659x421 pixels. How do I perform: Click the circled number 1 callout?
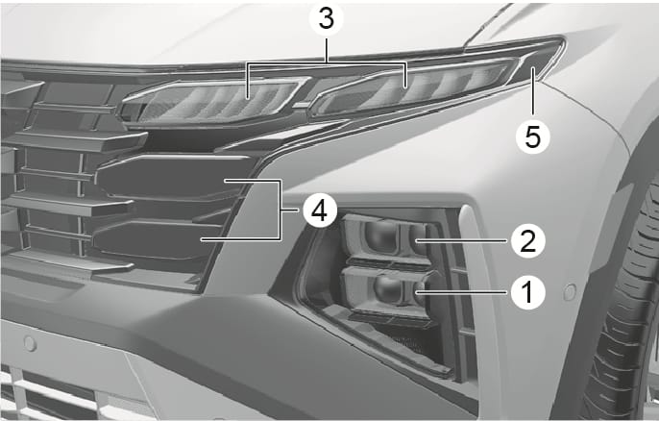(528, 292)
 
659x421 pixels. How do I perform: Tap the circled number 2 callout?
(528, 240)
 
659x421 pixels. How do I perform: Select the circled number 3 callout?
(327, 19)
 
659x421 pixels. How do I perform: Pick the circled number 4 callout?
(320, 210)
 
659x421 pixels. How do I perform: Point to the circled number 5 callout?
(532, 136)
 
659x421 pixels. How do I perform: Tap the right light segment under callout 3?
(414, 87)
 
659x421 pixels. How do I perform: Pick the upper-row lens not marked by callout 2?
(380, 236)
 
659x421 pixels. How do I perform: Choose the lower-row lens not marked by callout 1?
(387, 289)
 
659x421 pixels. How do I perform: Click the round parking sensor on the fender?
(570, 292)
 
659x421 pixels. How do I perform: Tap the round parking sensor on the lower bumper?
(30, 343)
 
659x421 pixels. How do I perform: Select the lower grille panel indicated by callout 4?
(158, 239)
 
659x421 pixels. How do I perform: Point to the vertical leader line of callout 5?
(532, 91)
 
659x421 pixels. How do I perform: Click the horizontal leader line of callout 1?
(463, 291)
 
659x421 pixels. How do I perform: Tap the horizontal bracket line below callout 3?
(327, 63)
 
